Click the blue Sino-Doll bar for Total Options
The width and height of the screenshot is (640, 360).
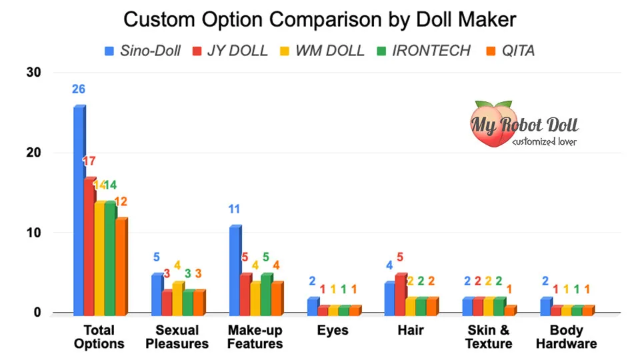tap(79, 209)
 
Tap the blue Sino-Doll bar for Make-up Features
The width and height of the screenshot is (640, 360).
tap(235, 269)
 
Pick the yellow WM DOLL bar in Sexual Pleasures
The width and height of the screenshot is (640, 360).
tap(177, 297)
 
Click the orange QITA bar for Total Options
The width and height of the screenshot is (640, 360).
tap(121, 265)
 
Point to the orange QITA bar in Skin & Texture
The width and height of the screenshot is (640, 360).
tap(509, 309)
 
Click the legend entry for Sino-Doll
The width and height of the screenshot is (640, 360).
tap(143, 51)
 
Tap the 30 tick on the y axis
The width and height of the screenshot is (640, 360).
tap(33, 73)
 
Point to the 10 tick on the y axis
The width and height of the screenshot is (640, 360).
tap(33, 233)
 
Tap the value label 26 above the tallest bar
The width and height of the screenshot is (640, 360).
tap(78, 89)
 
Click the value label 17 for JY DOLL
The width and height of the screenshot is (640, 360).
tap(90, 161)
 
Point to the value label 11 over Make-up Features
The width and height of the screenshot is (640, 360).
tap(234, 209)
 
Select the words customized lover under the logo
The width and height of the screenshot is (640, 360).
tap(545, 141)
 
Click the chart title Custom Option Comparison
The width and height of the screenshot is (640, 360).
tap(319, 19)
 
